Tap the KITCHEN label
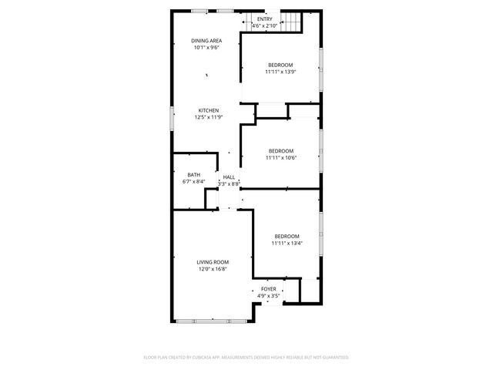(209, 110)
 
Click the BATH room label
(193, 175)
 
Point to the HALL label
(229, 177)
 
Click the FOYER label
(268, 288)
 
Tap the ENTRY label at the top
(264, 19)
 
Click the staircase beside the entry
(290, 22)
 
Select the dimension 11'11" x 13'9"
(280, 72)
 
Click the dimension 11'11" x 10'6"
(280, 158)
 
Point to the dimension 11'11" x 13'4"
(287, 243)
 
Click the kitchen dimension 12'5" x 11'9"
(209, 117)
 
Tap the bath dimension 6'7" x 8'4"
(193, 182)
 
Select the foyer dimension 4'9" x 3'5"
(268, 295)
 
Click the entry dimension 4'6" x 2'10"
(264, 26)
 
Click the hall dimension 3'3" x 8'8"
(229, 184)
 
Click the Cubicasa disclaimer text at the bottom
(246, 357)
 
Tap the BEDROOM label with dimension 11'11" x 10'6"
(280, 151)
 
